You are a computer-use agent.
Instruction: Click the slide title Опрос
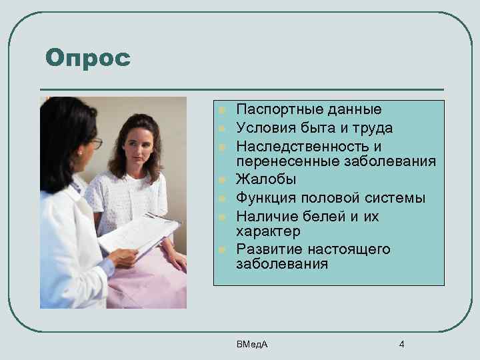click(87, 58)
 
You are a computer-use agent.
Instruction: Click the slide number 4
click(401, 344)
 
